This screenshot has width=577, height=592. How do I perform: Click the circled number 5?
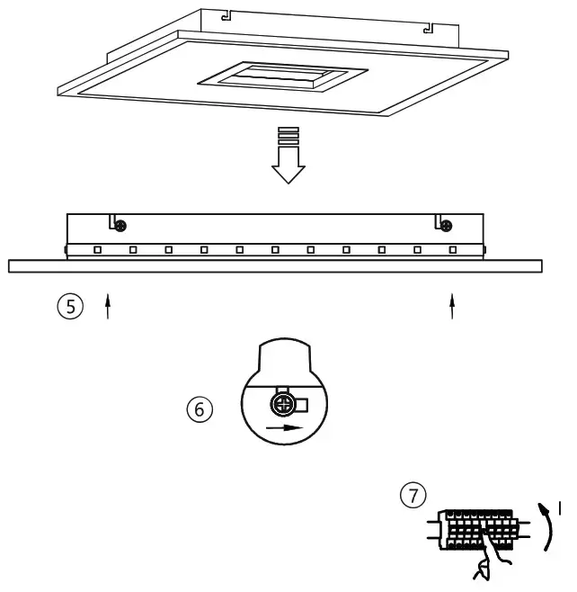click(70, 307)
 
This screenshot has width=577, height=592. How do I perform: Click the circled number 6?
click(200, 409)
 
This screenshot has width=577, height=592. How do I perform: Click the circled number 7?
click(413, 494)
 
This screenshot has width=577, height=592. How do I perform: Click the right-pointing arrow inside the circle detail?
click(287, 427)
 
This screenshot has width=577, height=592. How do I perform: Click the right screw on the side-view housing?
click(447, 225)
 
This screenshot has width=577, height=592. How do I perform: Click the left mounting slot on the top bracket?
click(227, 15)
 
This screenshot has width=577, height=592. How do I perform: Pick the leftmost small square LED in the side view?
click(97, 249)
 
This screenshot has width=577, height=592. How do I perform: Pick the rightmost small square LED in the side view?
click(452, 249)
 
